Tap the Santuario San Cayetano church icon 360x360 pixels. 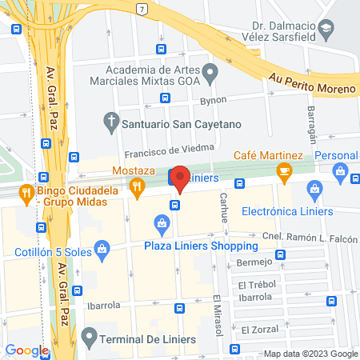click(112, 123)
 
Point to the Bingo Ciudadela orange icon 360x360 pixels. click(26, 192)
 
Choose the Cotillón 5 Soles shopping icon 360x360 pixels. click(102, 250)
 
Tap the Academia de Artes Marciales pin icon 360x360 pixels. click(210, 74)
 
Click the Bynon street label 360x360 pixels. click(214, 100)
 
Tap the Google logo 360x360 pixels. click(26, 350)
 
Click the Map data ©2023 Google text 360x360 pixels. click(310, 354)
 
